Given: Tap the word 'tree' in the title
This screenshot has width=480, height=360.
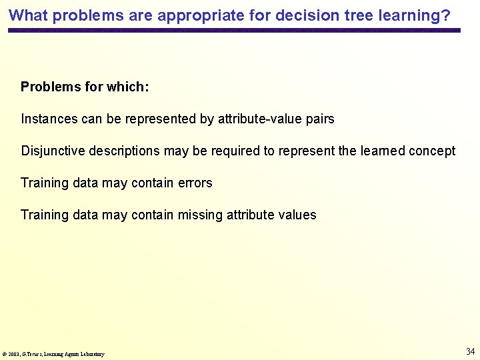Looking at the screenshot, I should point(338,15).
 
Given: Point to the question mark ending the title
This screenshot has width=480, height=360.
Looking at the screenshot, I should point(446,15).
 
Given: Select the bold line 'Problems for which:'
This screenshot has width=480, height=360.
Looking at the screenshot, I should point(85,87).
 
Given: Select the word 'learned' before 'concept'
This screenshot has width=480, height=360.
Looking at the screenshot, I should point(382,151).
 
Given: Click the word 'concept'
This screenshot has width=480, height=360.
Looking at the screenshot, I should point(432,151).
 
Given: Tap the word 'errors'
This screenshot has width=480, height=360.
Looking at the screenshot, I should point(195,183).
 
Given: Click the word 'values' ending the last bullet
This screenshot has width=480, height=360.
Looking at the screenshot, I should point(298,215).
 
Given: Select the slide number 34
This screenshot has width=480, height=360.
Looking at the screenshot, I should point(470,351).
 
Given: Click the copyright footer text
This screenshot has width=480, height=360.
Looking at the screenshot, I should point(53,354).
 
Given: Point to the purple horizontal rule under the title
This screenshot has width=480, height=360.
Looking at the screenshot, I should point(234,31).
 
